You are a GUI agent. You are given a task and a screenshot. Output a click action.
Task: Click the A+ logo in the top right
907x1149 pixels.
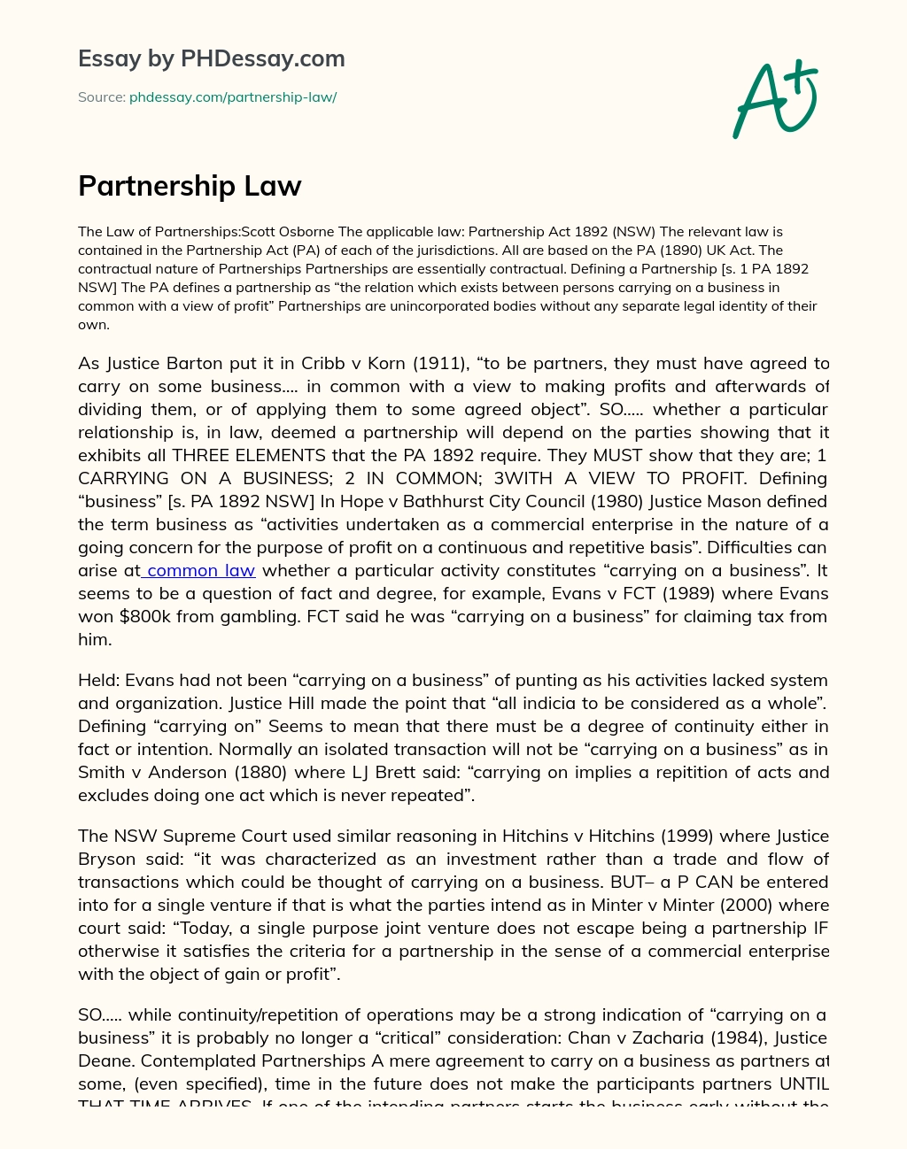(775, 99)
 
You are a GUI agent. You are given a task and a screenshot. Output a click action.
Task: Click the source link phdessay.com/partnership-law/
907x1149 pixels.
(233, 97)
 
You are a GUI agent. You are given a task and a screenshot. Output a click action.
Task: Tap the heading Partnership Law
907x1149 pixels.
(190, 186)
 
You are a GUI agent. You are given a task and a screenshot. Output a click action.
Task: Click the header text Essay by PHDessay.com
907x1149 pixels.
(211, 59)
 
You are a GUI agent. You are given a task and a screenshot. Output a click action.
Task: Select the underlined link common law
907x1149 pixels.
(201, 571)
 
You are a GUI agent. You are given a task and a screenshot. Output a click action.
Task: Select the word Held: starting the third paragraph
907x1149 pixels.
(98, 681)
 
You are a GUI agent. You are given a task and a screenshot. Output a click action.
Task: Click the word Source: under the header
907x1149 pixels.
(101, 97)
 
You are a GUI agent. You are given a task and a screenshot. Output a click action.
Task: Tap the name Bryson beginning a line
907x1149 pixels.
(107, 860)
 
